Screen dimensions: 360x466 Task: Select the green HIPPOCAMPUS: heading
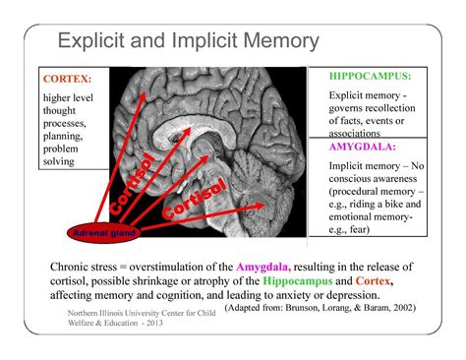(x=368, y=75)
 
